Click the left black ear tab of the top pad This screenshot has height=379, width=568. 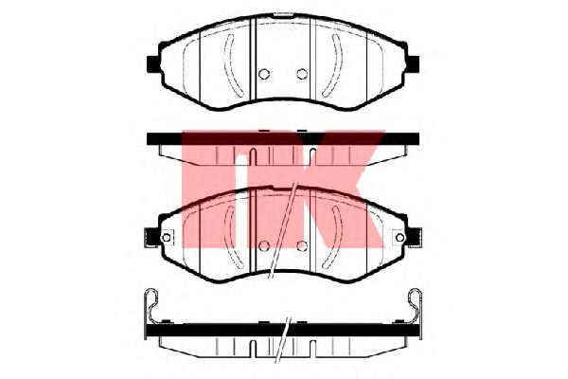153,63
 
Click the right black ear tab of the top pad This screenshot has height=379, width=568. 413,63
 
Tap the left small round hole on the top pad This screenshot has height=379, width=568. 264,74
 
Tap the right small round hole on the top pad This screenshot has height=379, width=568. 302,74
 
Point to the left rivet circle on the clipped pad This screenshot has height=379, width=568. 167,238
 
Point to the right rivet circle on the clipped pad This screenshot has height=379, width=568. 399,238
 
